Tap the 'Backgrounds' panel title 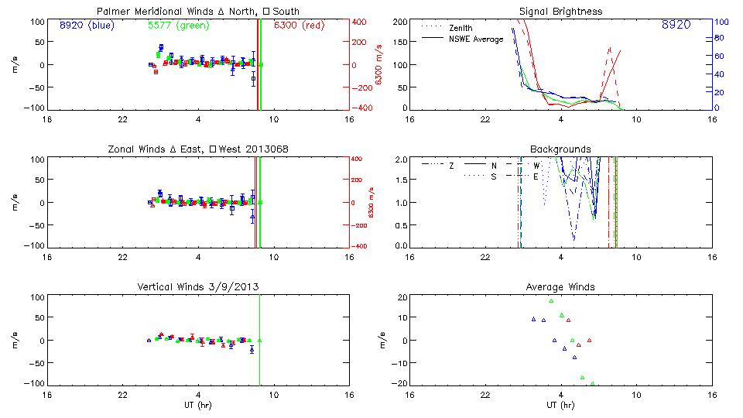(x=561, y=149)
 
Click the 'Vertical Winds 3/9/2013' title (x=198, y=287)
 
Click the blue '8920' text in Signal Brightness (x=676, y=25)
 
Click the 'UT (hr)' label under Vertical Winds (x=199, y=405)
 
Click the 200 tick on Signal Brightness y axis (x=400, y=22)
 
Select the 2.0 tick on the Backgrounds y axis (x=400, y=159)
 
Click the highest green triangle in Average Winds (x=551, y=301)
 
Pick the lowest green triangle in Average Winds (x=592, y=383)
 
